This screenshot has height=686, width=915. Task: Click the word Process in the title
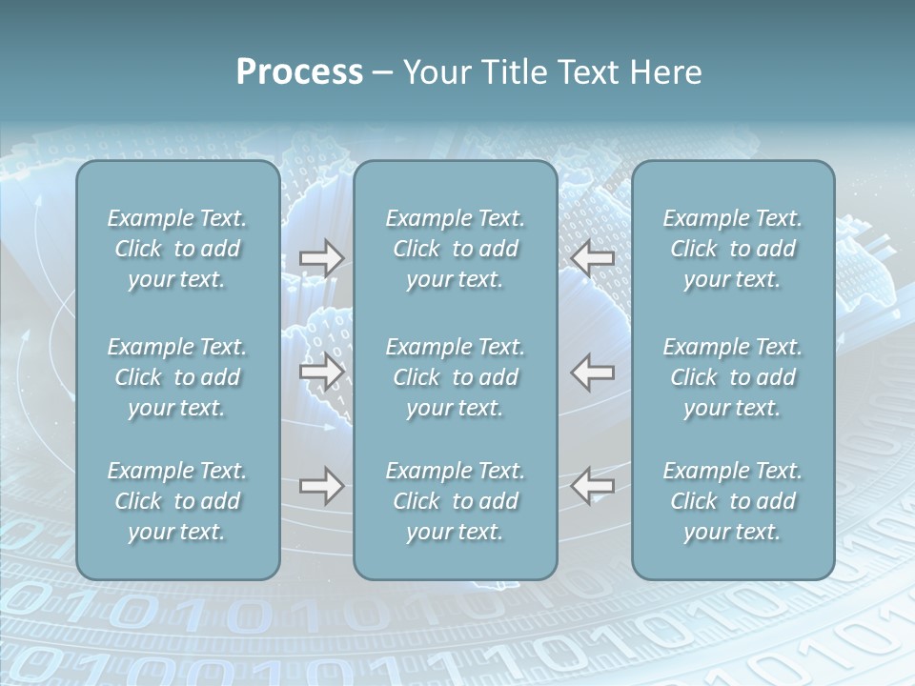pos(299,72)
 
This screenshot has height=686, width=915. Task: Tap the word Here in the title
pos(665,72)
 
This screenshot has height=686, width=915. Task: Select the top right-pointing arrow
pos(321,258)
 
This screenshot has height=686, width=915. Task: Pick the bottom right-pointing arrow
pos(321,486)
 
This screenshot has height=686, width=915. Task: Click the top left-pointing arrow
pos(593,258)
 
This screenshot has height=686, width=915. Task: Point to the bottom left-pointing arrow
pos(593,486)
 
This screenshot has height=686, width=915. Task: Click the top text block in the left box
pos(177,249)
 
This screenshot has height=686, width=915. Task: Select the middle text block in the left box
pos(177,377)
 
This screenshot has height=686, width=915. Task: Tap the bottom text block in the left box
pos(177,501)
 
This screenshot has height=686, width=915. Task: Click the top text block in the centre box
pos(456,249)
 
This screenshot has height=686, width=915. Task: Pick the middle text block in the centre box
pos(456,377)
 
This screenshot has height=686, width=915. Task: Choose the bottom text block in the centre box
pos(456,501)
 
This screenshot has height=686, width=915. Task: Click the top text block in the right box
pos(733,249)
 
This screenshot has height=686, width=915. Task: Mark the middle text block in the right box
pos(733,377)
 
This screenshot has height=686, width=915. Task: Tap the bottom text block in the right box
pos(733,501)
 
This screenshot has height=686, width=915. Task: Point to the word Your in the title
pos(435,72)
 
